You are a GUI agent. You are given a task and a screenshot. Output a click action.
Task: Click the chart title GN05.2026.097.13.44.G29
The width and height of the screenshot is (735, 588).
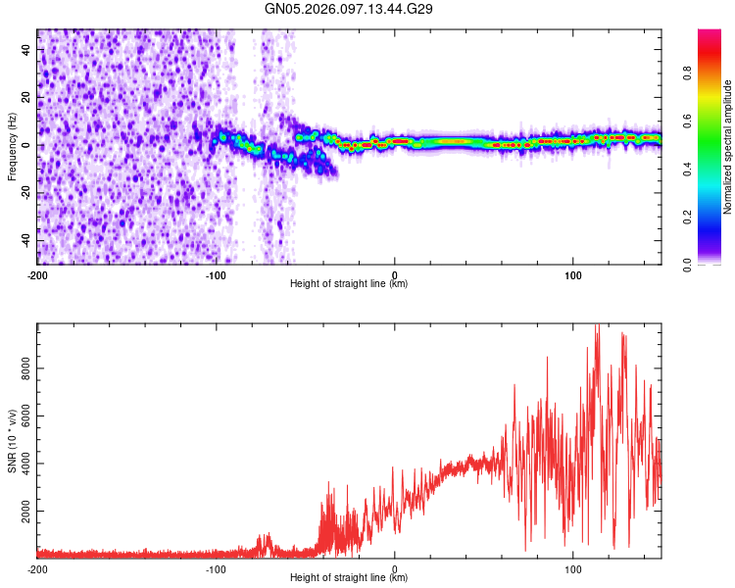coord(349,9)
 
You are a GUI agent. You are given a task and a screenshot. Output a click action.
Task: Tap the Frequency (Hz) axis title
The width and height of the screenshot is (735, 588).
coord(12,147)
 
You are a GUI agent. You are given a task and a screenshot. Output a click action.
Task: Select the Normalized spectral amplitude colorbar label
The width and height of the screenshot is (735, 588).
coord(728,147)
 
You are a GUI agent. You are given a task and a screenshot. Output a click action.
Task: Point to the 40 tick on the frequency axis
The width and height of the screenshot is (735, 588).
coord(26,50)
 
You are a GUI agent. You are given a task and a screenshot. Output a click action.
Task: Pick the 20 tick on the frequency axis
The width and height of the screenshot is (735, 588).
coord(26,98)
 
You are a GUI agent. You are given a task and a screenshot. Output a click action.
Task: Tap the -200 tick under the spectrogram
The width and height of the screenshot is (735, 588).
coord(37,273)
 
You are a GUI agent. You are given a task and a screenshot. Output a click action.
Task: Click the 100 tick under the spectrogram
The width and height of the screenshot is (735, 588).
coord(572,273)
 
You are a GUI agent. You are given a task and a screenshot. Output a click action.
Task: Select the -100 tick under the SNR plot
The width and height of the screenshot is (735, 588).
coord(216,568)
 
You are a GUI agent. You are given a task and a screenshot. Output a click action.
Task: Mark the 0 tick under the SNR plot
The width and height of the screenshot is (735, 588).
coord(395,568)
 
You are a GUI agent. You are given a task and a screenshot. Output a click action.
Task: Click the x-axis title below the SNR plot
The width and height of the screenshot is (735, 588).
coord(349,578)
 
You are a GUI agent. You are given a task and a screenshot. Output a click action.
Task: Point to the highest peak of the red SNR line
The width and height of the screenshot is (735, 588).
coord(597,326)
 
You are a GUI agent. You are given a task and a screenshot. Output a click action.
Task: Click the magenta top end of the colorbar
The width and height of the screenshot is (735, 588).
coord(710,33)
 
